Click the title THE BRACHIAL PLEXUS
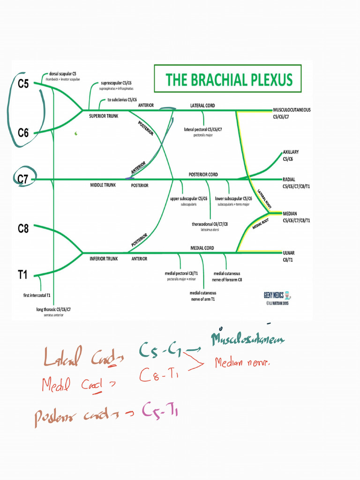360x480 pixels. (228, 79)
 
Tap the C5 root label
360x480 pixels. (23, 84)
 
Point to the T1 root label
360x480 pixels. (23, 275)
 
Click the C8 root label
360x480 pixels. (23, 229)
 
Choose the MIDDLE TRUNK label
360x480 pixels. (103, 185)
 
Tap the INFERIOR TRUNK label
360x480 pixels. (104, 258)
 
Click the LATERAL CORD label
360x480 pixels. (202, 105)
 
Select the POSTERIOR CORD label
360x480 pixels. (203, 174)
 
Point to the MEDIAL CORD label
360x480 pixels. (202, 247)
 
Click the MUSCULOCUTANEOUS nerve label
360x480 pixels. (292, 110)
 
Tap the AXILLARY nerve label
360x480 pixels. (291, 152)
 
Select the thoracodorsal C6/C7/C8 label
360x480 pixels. (210, 224)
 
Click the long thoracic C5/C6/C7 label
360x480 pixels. (53, 309)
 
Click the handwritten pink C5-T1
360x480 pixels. (159, 411)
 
